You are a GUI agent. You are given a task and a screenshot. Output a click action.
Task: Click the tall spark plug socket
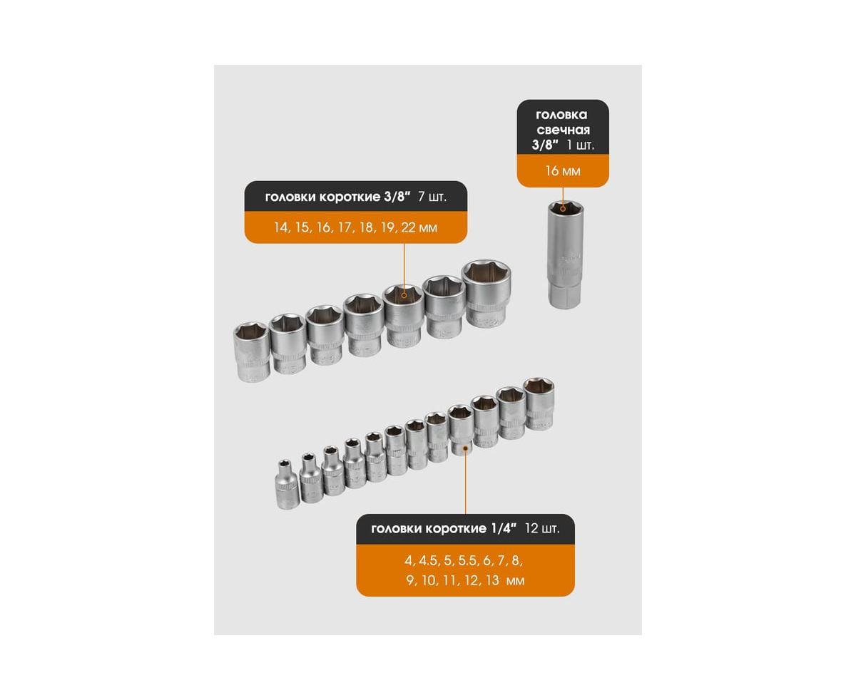(x=564, y=254)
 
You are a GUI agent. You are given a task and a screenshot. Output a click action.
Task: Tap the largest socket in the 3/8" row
(x=486, y=293)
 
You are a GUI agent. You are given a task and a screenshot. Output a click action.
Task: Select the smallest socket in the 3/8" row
(x=252, y=351)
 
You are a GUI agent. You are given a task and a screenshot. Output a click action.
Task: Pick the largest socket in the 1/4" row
(x=539, y=403)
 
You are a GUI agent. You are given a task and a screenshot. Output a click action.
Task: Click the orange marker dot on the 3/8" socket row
(x=404, y=295)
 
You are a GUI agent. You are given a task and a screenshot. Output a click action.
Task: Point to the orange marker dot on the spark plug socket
(x=563, y=208)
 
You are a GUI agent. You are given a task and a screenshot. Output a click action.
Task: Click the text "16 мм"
(x=563, y=171)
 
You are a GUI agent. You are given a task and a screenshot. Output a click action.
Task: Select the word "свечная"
(x=563, y=130)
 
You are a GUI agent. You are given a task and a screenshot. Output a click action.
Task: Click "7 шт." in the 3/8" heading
(x=432, y=197)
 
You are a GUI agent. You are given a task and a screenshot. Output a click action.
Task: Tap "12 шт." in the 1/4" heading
(x=542, y=528)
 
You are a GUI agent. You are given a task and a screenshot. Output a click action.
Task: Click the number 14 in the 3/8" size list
(x=281, y=227)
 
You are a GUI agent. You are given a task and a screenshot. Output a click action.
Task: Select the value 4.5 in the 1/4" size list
(x=428, y=560)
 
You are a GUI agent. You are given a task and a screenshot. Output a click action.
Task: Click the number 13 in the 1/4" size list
(x=492, y=580)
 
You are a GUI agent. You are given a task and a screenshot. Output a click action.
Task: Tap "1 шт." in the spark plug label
(x=580, y=145)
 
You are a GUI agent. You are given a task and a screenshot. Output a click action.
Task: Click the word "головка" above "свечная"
(x=561, y=115)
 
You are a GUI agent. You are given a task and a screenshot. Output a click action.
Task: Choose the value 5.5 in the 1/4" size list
(x=467, y=560)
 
